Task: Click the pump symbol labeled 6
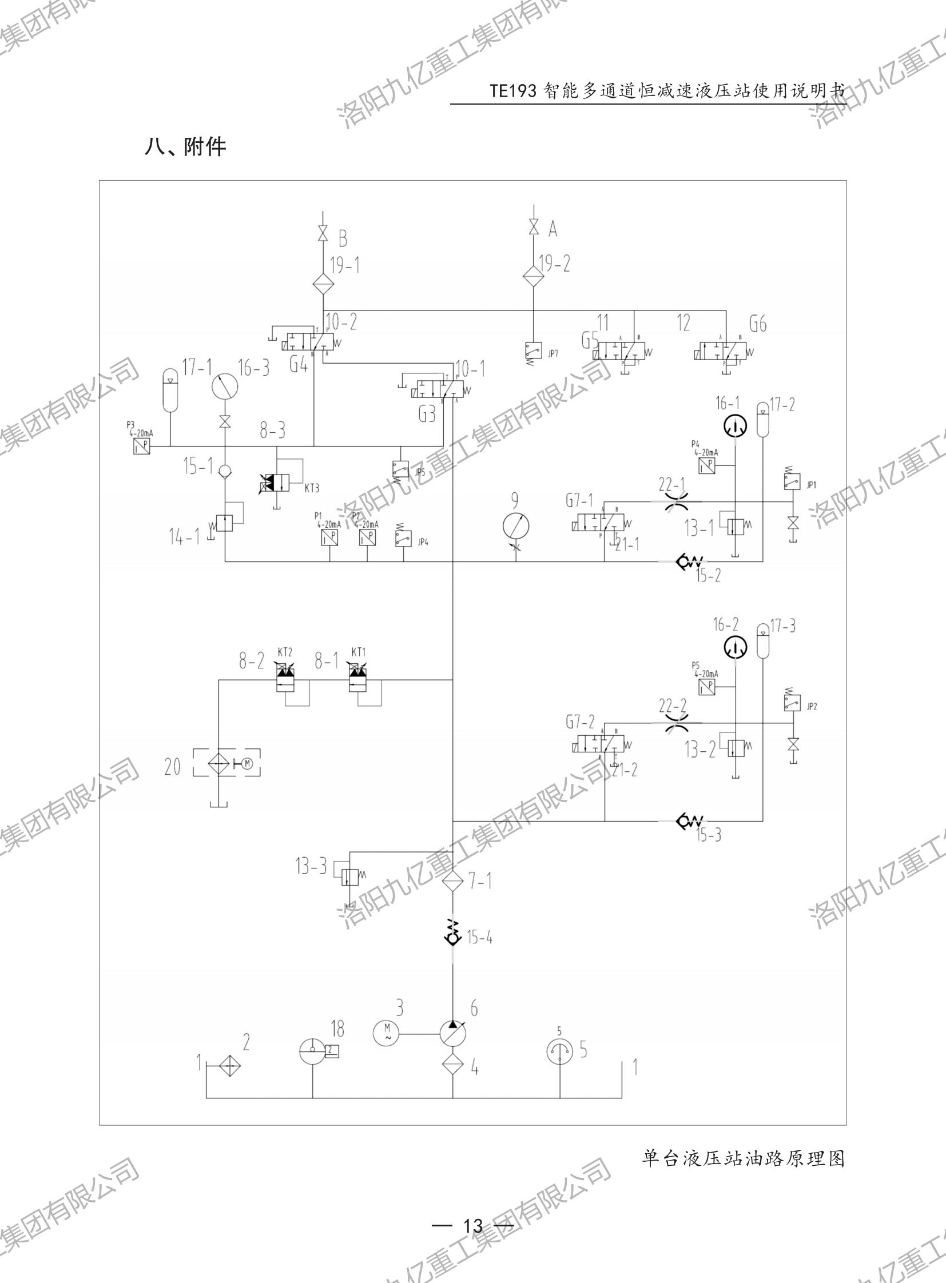(x=452, y=1033)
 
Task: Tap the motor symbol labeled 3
(x=386, y=1033)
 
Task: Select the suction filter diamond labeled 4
(x=452, y=1066)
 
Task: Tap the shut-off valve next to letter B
(x=323, y=234)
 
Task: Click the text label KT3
(x=312, y=488)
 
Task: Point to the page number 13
(x=473, y=1226)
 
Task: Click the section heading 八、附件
(x=185, y=147)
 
